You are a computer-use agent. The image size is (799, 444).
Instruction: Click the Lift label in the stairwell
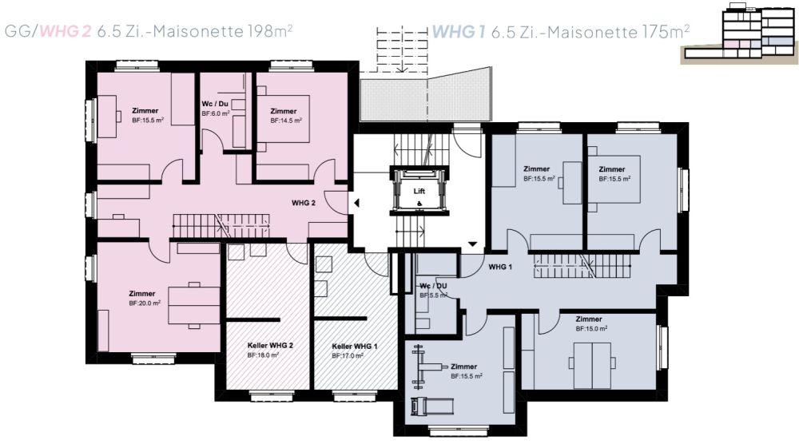tap(419, 191)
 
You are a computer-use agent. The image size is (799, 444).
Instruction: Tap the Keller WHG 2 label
tap(270, 345)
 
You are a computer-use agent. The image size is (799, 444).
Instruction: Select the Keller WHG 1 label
tap(355, 347)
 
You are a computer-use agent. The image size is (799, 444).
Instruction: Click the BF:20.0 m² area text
tap(145, 303)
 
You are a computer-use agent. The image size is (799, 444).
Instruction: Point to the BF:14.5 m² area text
tap(286, 121)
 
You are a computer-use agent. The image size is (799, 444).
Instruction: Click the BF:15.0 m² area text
tap(591, 329)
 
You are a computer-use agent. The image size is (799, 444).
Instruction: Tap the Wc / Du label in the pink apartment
tap(215, 104)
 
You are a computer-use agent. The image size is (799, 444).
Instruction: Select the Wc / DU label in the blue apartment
tap(433, 286)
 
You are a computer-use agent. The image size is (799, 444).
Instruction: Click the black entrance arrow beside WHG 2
tap(356, 203)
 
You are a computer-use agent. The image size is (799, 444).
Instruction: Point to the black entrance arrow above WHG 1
tap(472, 244)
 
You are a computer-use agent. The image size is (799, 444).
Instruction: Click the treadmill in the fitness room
tap(432, 406)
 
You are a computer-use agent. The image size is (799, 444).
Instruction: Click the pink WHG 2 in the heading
tap(66, 32)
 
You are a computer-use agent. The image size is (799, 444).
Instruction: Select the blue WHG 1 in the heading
tap(458, 32)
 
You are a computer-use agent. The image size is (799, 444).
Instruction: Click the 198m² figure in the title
tap(270, 31)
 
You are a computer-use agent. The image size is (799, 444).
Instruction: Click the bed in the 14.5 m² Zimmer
tap(284, 119)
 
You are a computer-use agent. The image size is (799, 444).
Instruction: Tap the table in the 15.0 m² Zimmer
tap(592, 366)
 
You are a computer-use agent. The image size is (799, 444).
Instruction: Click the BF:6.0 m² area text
tap(216, 113)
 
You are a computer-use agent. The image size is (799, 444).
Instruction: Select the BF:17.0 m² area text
tap(348, 356)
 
